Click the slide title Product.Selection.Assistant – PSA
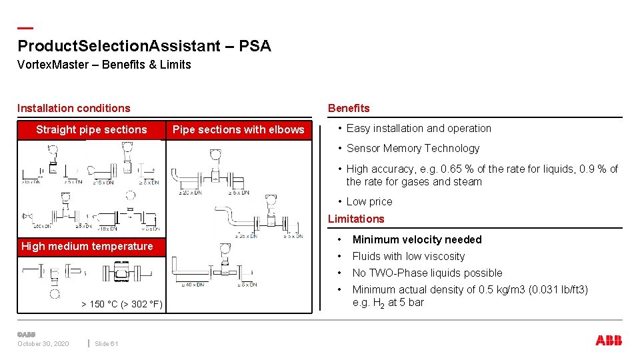click(x=144, y=46)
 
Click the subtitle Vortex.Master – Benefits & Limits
click(x=104, y=65)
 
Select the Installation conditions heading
click(x=74, y=108)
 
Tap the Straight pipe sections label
click(x=91, y=129)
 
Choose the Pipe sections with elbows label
click(x=238, y=129)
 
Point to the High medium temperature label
click(x=87, y=246)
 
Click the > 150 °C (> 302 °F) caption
click(x=121, y=304)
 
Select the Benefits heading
click(x=348, y=108)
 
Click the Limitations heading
click(x=356, y=219)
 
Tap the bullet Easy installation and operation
click(x=419, y=128)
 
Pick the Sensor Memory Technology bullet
click(x=413, y=148)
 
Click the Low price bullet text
click(x=369, y=201)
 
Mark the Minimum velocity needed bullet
click(x=417, y=239)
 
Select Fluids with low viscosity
click(x=408, y=256)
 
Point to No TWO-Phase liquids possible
click(x=427, y=273)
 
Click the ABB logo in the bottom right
click(x=608, y=341)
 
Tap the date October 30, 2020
click(x=43, y=343)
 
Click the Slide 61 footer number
click(x=106, y=343)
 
